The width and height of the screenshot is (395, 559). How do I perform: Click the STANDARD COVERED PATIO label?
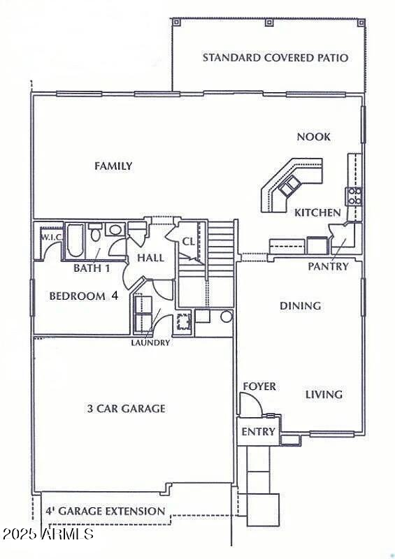(275, 57)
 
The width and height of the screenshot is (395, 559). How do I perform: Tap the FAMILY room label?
(113, 166)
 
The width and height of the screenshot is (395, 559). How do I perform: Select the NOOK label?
(314, 137)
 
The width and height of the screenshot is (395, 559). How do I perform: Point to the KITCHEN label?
(317, 212)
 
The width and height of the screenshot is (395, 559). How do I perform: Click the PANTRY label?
(328, 266)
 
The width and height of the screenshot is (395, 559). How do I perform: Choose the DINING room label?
(301, 305)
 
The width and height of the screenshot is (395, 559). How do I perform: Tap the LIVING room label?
(324, 394)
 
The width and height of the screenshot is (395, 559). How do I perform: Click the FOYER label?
(259, 386)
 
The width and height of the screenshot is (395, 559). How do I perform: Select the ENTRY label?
(258, 432)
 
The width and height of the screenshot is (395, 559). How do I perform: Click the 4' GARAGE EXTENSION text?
(106, 511)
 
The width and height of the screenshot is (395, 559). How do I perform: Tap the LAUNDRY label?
(150, 342)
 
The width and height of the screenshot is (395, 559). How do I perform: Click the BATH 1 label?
(92, 268)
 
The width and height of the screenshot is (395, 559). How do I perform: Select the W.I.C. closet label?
(52, 236)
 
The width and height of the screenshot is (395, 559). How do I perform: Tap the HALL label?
(150, 258)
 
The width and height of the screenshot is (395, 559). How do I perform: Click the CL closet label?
(188, 242)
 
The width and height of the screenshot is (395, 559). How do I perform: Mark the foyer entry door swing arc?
(250, 402)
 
